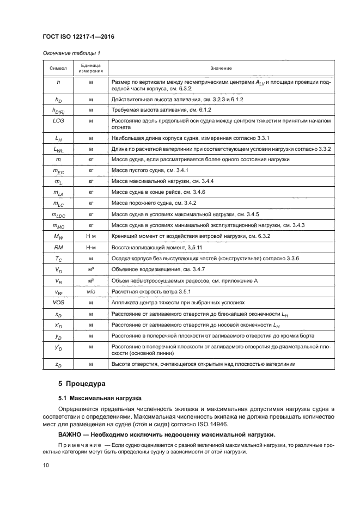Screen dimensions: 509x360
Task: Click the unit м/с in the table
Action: (x=91, y=292)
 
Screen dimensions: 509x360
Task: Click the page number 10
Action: (x=46, y=464)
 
